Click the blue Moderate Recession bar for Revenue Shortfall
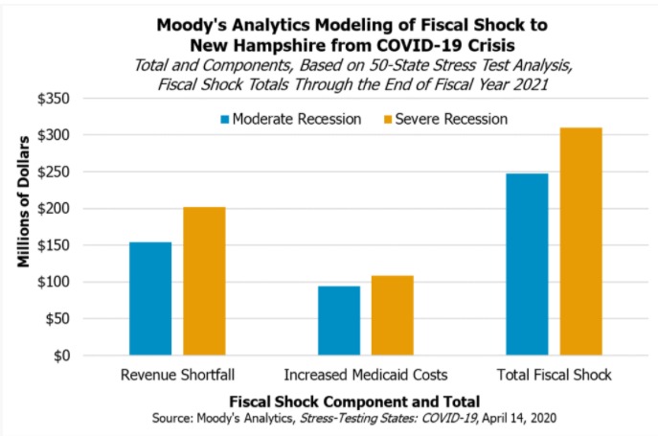click(150, 299)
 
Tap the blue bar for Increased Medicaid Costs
click(339, 321)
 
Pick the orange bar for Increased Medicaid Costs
click(393, 316)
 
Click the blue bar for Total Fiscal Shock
click(527, 264)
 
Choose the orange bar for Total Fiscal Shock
click(581, 241)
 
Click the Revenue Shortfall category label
click(177, 374)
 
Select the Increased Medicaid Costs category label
click(366, 374)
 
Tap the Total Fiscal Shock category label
click(555, 374)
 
